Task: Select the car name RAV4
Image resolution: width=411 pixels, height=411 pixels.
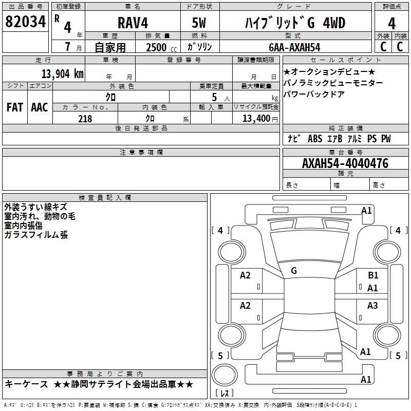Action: pos(132,23)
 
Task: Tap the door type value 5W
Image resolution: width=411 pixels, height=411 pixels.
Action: pos(199,23)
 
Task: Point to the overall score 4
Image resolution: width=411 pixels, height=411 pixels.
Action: pos(391,23)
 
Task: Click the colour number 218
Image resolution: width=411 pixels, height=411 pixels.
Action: pos(85,119)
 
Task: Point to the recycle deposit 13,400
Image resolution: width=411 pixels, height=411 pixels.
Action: pos(257,119)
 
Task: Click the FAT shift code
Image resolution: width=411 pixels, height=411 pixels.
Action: pos(15,107)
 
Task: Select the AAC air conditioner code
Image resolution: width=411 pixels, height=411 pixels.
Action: pos(40,107)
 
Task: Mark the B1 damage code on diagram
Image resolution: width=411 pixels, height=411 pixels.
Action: pos(373,275)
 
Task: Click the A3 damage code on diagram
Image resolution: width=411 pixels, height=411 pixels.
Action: pos(373,306)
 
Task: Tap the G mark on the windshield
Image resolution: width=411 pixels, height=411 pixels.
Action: pos(294,270)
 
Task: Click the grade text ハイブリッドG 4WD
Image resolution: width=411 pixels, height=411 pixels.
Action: pos(294,23)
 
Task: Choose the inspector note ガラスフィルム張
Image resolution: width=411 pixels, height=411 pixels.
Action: pos(36,235)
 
